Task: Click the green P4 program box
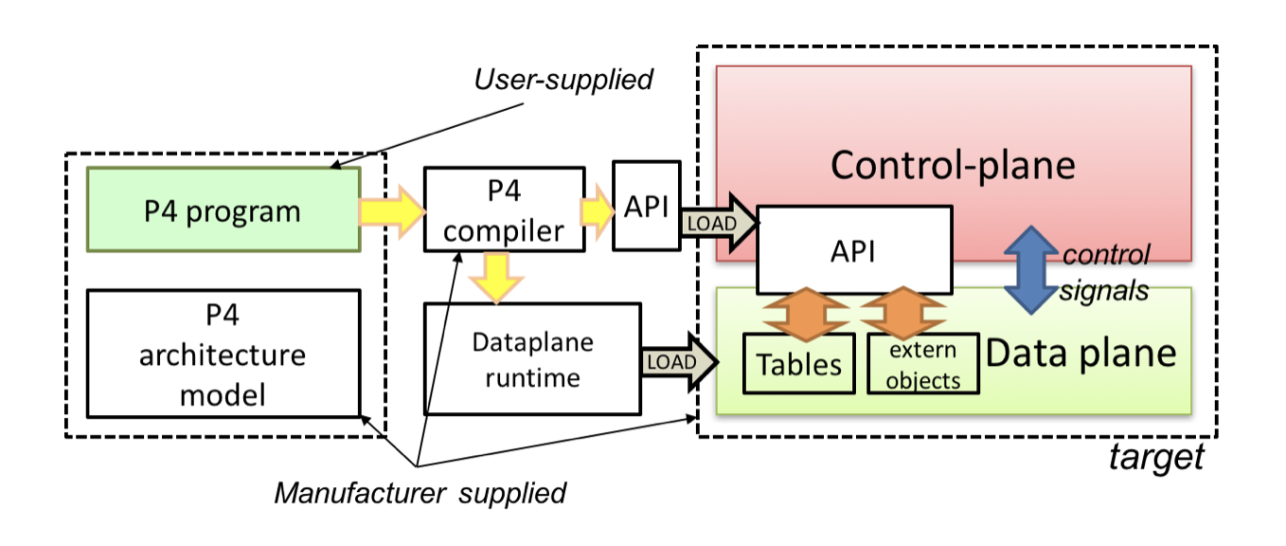click(223, 209)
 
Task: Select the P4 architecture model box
click(223, 354)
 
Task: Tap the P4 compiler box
click(505, 209)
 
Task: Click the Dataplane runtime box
click(532, 358)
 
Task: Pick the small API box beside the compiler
click(647, 206)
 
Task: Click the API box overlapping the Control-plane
click(854, 250)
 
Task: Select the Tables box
click(798, 364)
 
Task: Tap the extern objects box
click(922, 364)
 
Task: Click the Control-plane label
click(953, 166)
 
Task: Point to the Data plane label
click(1081, 353)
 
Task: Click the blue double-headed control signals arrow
click(1031, 269)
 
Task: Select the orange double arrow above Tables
click(806, 314)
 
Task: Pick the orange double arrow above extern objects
click(903, 314)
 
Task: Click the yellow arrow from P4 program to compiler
click(393, 211)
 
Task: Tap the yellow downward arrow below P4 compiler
click(496, 278)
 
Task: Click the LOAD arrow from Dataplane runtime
click(680, 361)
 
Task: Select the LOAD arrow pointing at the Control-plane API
click(720, 223)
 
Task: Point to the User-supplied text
click(563, 80)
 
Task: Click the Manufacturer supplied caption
click(420, 493)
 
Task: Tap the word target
click(1156, 458)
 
